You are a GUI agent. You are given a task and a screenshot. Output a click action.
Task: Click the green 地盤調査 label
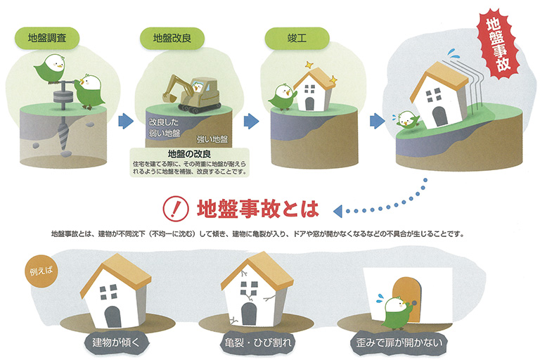click(47, 38)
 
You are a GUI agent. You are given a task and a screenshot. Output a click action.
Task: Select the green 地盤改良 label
click(172, 38)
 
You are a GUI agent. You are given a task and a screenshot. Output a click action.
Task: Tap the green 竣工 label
click(297, 38)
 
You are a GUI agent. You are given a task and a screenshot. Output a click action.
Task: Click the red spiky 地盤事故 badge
click(498, 45)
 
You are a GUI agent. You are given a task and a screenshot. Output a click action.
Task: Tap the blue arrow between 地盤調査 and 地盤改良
click(126, 121)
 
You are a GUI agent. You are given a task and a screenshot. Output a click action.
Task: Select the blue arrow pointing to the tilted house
click(377, 121)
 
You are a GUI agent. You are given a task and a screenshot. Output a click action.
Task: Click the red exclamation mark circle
click(176, 208)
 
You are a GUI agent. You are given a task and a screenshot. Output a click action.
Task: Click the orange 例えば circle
click(41, 271)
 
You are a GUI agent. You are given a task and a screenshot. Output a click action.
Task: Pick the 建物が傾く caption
click(116, 342)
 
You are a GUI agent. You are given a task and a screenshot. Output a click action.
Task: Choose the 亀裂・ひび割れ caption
click(257, 342)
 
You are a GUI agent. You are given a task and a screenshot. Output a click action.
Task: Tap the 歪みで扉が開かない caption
click(399, 342)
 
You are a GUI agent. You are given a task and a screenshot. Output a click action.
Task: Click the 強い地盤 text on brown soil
click(212, 139)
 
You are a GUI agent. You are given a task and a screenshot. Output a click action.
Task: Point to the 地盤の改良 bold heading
click(189, 154)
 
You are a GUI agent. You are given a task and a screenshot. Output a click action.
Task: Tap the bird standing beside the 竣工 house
click(282, 96)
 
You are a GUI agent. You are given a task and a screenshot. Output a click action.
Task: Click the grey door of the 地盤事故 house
click(439, 117)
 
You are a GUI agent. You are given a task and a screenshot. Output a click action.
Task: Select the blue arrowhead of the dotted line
click(337, 211)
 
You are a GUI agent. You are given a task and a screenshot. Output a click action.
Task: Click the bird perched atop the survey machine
click(51, 69)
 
